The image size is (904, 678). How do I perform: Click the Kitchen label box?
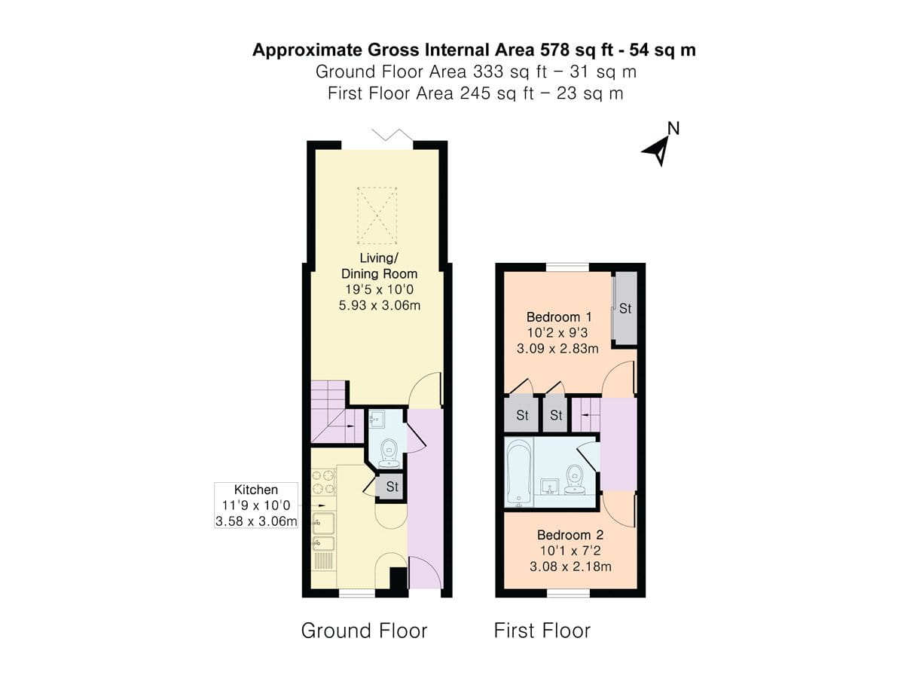(x=256, y=505)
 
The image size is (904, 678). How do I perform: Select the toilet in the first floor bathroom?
(x=576, y=479)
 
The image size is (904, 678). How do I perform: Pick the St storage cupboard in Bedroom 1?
(x=625, y=308)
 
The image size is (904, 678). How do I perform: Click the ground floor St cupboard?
(x=392, y=487)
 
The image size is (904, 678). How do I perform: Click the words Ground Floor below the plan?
(x=364, y=631)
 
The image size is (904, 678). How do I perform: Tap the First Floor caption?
(x=542, y=631)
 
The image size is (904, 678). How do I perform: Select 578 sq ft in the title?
(x=577, y=50)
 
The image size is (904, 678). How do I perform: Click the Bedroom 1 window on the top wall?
(x=567, y=266)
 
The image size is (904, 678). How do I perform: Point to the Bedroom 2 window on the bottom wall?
(x=567, y=594)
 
